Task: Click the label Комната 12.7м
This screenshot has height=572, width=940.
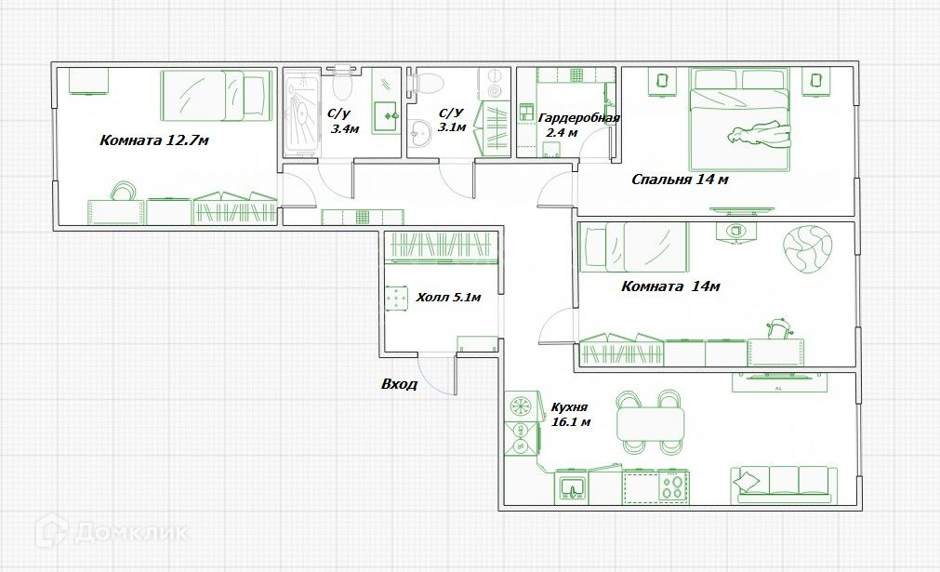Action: tap(154, 140)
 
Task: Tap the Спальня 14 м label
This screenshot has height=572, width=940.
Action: tap(680, 180)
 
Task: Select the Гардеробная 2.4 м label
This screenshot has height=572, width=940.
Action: tap(578, 125)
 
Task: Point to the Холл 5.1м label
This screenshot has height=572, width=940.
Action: tap(448, 297)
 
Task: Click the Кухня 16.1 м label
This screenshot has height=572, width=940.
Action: tap(570, 414)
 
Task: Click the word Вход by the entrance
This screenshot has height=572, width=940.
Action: tap(399, 384)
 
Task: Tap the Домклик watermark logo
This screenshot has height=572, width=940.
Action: tap(113, 531)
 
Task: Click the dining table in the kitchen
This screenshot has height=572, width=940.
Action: tap(651, 423)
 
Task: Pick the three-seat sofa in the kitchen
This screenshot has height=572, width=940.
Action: tap(784, 485)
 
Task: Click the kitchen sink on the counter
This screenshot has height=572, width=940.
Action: tap(574, 486)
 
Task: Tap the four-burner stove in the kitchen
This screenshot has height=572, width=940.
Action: tap(673, 486)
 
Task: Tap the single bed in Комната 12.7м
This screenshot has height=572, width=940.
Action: tap(215, 95)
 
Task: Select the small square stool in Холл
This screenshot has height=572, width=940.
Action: tap(395, 299)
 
